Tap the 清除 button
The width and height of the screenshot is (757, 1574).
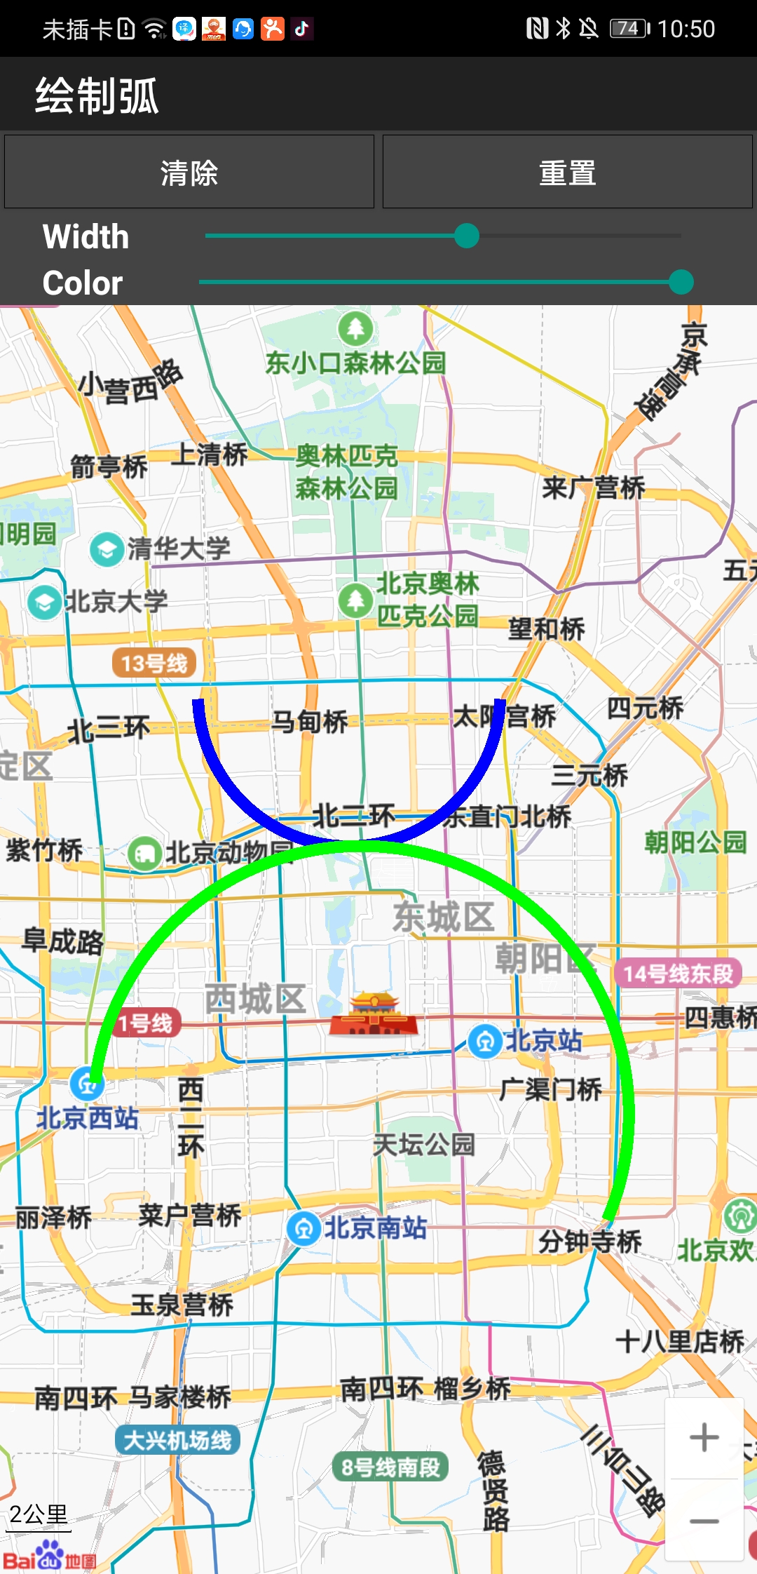pyautogui.click(x=189, y=173)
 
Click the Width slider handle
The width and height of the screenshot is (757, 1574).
pyautogui.click(x=467, y=236)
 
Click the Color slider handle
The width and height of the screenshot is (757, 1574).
pyautogui.click(x=681, y=282)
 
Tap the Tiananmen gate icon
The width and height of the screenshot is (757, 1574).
pyautogui.click(x=374, y=1014)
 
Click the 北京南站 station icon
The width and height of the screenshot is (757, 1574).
pyautogui.click(x=304, y=1228)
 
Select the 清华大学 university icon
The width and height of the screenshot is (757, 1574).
pyautogui.click(x=107, y=549)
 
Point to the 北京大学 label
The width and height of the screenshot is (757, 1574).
pyautogui.click(x=116, y=601)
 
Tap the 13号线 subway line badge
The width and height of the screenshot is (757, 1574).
pyautogui.click(x=154, y=663)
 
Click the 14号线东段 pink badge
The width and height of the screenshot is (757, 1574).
pyautogui.click(x=678, y=974)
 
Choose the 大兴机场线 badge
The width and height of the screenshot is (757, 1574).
pyautogui.click(x=178, y=1440)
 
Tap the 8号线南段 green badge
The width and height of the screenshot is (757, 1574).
pyautogui.click(x=390, y=1467)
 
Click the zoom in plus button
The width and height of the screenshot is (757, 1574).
pyautogui.click(x=704, y=1437)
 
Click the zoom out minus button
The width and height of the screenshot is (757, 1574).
pyautogui.click(x=704, y=1521)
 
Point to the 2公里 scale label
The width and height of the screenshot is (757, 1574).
pyautogui.click(x=39, y=1515)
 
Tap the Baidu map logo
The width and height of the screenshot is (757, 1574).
pyautogui.click(x=49, y=1555)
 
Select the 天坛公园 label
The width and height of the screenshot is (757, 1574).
pyautogui.click(x=424, y=1145)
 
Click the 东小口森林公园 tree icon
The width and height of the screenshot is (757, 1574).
pyautogui.click(x=356, y=328)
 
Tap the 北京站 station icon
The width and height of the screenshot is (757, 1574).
pyautogui.click(x=484, y=1042)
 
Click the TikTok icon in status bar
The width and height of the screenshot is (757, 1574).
pyautogui.click(x=302, y=29)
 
